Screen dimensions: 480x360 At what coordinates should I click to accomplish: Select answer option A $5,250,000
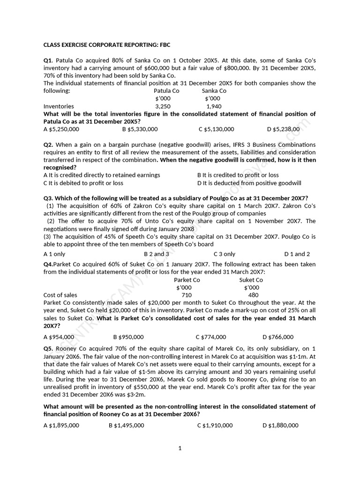(x=61, y=129)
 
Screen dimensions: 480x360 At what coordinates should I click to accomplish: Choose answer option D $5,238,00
(x=283, y=129)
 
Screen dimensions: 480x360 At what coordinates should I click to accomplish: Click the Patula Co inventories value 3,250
(x=163, y=106)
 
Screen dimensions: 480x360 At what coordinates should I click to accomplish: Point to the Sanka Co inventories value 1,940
(x=214, y=106)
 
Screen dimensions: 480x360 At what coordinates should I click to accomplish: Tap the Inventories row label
(x=59, y=106)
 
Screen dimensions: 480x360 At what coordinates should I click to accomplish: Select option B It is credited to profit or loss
(x=238, y=175)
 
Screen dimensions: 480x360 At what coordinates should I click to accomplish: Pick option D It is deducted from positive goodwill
(x=249, y=183)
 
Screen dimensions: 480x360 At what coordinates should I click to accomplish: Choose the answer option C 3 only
(x=225, y=254)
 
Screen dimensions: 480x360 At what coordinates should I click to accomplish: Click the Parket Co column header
(x=187, y=280)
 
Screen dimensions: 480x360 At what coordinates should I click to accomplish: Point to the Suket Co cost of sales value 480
(x=253, y=295)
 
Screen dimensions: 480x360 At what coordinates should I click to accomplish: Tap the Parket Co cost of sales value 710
(x=187, y=295)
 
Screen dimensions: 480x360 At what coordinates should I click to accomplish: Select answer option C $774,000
(x=211, y=337)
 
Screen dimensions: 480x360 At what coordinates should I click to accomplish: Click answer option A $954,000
(x=59, y=337)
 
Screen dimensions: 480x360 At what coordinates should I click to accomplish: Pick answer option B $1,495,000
(x=126, y=425)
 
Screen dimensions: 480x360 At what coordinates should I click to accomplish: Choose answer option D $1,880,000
(x=280, y=425)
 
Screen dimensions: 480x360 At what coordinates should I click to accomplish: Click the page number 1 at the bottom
(x=180, y=448)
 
